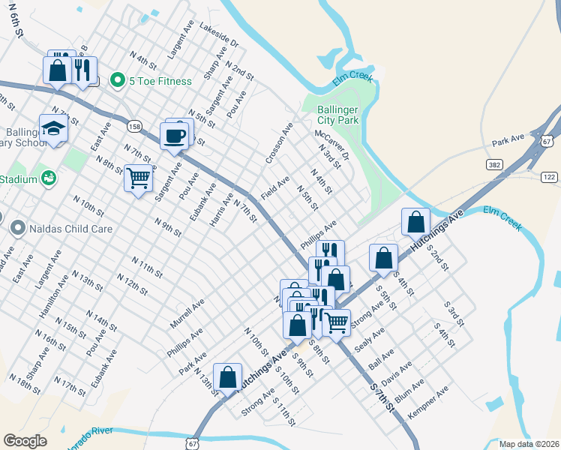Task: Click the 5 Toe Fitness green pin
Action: click(117, 80)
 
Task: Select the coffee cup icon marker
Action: click(174, 136)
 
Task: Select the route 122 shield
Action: click(550, 177)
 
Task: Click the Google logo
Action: click(25, 441)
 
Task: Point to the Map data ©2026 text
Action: click(528, 444)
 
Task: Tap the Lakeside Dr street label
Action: click(218, 36)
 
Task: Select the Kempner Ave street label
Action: click(427, 403)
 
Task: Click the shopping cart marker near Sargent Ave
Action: click(138, 178)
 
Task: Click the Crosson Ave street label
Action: click(278, 144)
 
